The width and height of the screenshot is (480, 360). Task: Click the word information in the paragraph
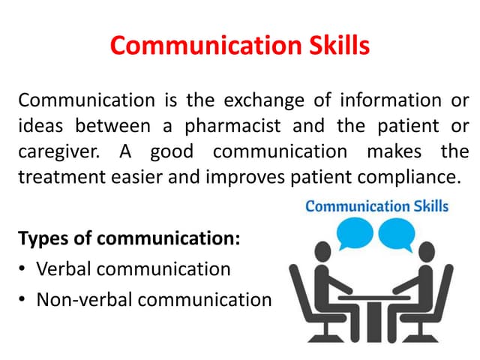(393, 99)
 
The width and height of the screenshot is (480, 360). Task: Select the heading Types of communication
(129, 239)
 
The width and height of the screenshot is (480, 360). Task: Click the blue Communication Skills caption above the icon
(376, 205)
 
